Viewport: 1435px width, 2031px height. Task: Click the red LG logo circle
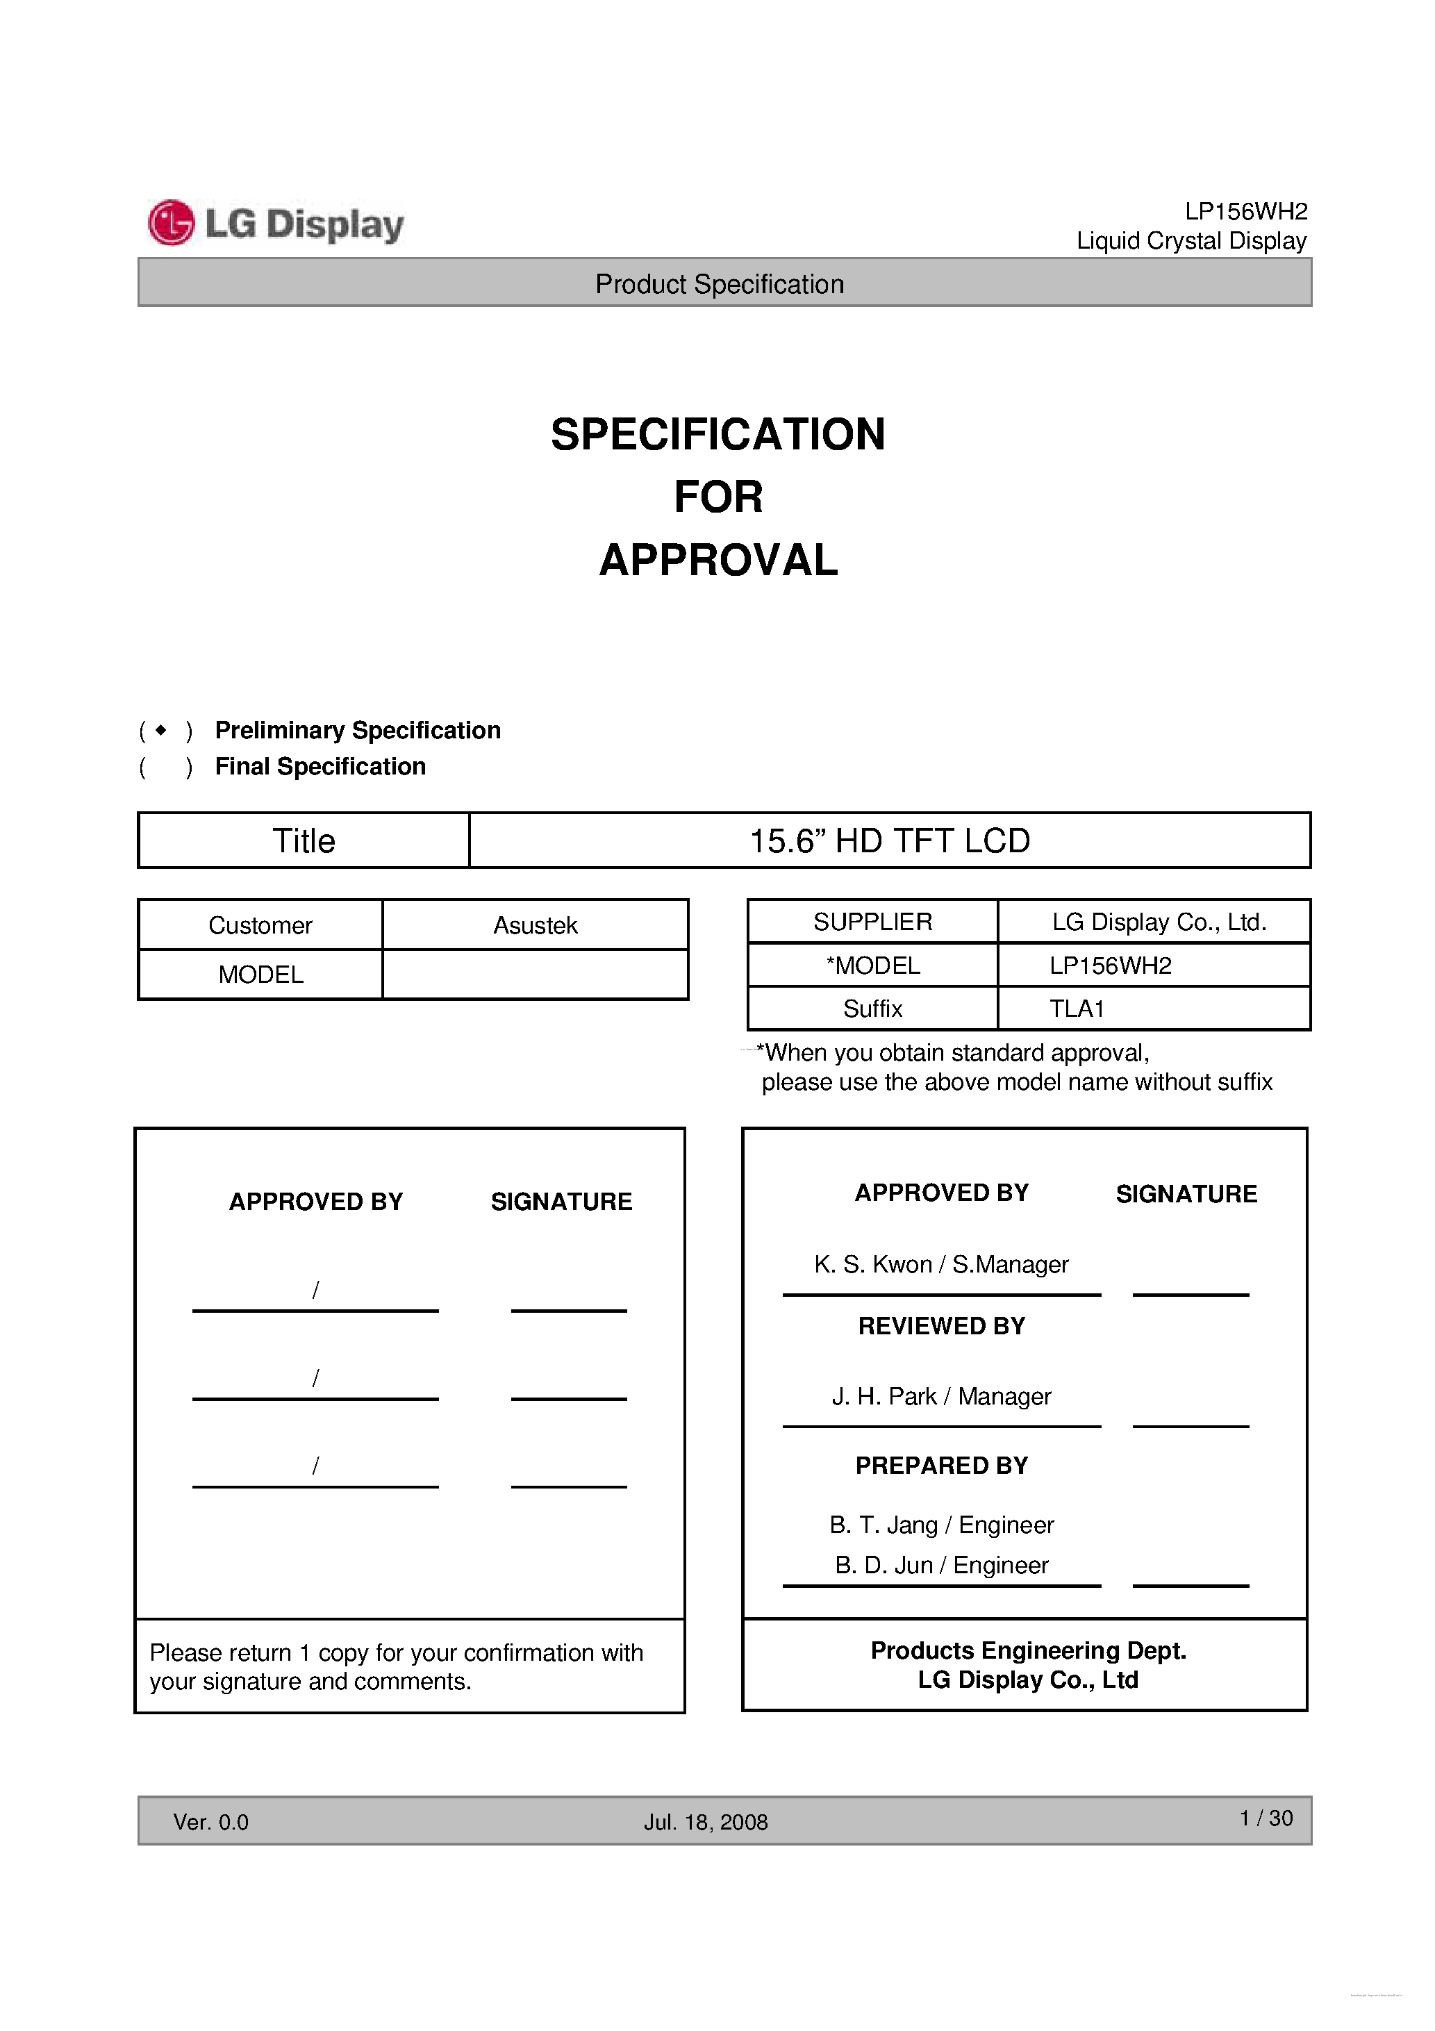(x=171, y=223)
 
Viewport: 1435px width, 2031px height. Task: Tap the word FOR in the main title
(x=717, y=496)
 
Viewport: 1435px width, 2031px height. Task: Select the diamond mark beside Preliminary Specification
(x=160, y=730)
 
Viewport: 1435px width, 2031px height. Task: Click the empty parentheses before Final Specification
(x=165, y=767)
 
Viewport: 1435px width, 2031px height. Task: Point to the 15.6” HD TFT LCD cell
(x=889, y=840)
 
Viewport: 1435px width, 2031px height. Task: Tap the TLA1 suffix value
(x=1076, y=1009)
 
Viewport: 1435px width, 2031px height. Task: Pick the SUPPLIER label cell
(x=872, y=922)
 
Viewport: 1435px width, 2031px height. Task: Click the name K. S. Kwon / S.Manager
(x=940, y=1264)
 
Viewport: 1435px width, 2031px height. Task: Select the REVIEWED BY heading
(x=941, y=1326)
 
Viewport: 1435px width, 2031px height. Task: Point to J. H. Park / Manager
(x=940, y=1396)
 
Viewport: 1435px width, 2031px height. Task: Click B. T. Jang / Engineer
(x=940, y=1525)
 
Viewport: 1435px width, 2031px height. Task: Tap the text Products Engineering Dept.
(x=1028, y=1650)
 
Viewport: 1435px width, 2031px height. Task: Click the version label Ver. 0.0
(x=210, y=1822)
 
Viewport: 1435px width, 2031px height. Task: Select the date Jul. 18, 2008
(x=705, y=1822)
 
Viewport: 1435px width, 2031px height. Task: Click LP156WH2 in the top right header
(x=1245, y=211)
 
